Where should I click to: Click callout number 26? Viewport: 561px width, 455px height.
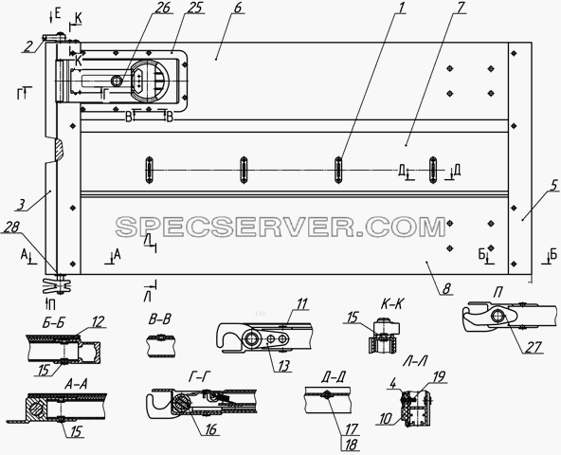(162, 8)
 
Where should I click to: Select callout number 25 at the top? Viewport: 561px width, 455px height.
(194, 8)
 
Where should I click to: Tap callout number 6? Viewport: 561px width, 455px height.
(238, 8)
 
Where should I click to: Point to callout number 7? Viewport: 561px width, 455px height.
(459, 8)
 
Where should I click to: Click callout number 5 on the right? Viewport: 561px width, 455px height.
(553, 186)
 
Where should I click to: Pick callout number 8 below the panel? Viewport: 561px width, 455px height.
(446, 289)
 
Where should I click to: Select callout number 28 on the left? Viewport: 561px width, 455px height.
(10, 227)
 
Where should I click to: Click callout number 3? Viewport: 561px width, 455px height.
(22, 205)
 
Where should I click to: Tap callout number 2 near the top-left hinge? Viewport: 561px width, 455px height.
(28, 46)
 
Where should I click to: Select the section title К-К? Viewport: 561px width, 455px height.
(391, 304)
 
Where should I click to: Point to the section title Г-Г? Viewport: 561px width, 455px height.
(199, 376)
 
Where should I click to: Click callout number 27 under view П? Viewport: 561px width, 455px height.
(534, 347)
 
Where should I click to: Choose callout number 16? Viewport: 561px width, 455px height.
(210, 429)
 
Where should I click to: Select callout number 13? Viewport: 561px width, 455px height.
(283, 366)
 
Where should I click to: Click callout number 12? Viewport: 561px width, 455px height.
(98, 322)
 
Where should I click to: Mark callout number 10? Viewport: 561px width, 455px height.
(386, 418)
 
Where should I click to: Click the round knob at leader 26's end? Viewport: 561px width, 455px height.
(117, 81)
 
